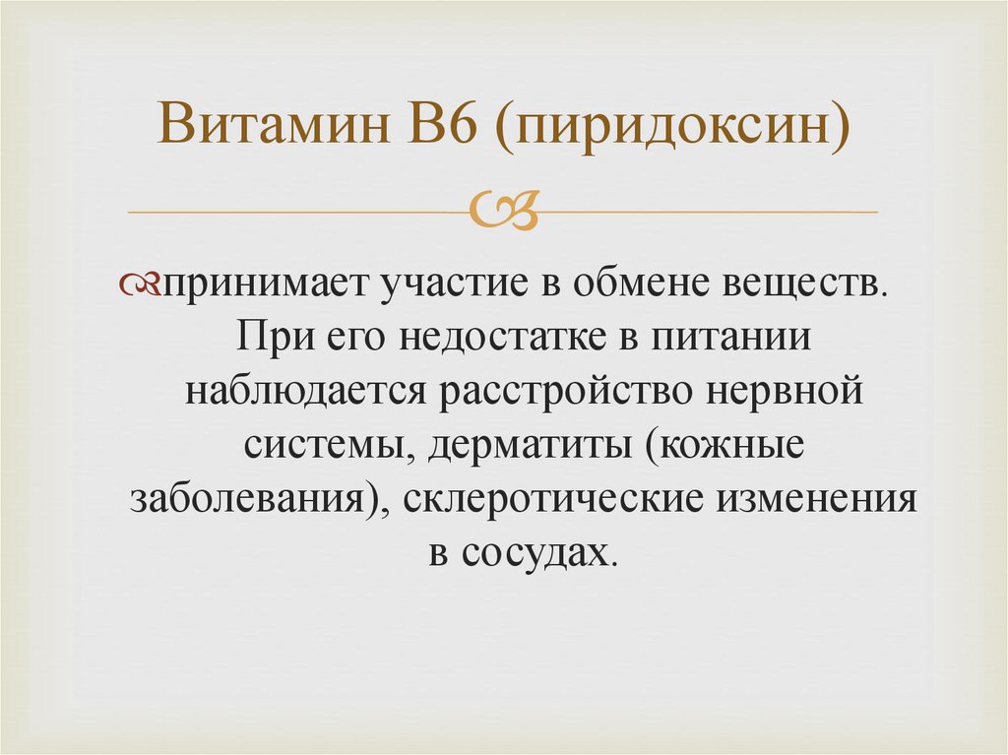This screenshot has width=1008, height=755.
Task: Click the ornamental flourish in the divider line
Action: [503, 210]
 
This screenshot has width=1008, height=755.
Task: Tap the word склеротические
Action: [551, 498]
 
